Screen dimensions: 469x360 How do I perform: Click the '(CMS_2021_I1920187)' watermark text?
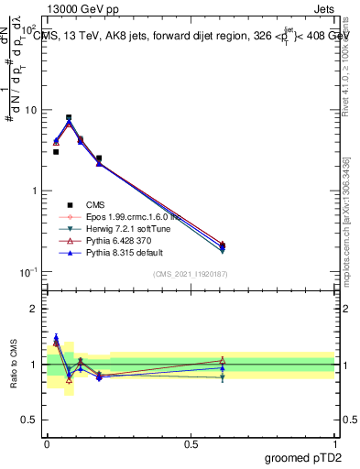(x=191, y=275)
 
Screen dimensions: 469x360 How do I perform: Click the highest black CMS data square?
(x=69, y=117)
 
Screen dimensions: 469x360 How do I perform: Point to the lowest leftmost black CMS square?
(x=56, y=152)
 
